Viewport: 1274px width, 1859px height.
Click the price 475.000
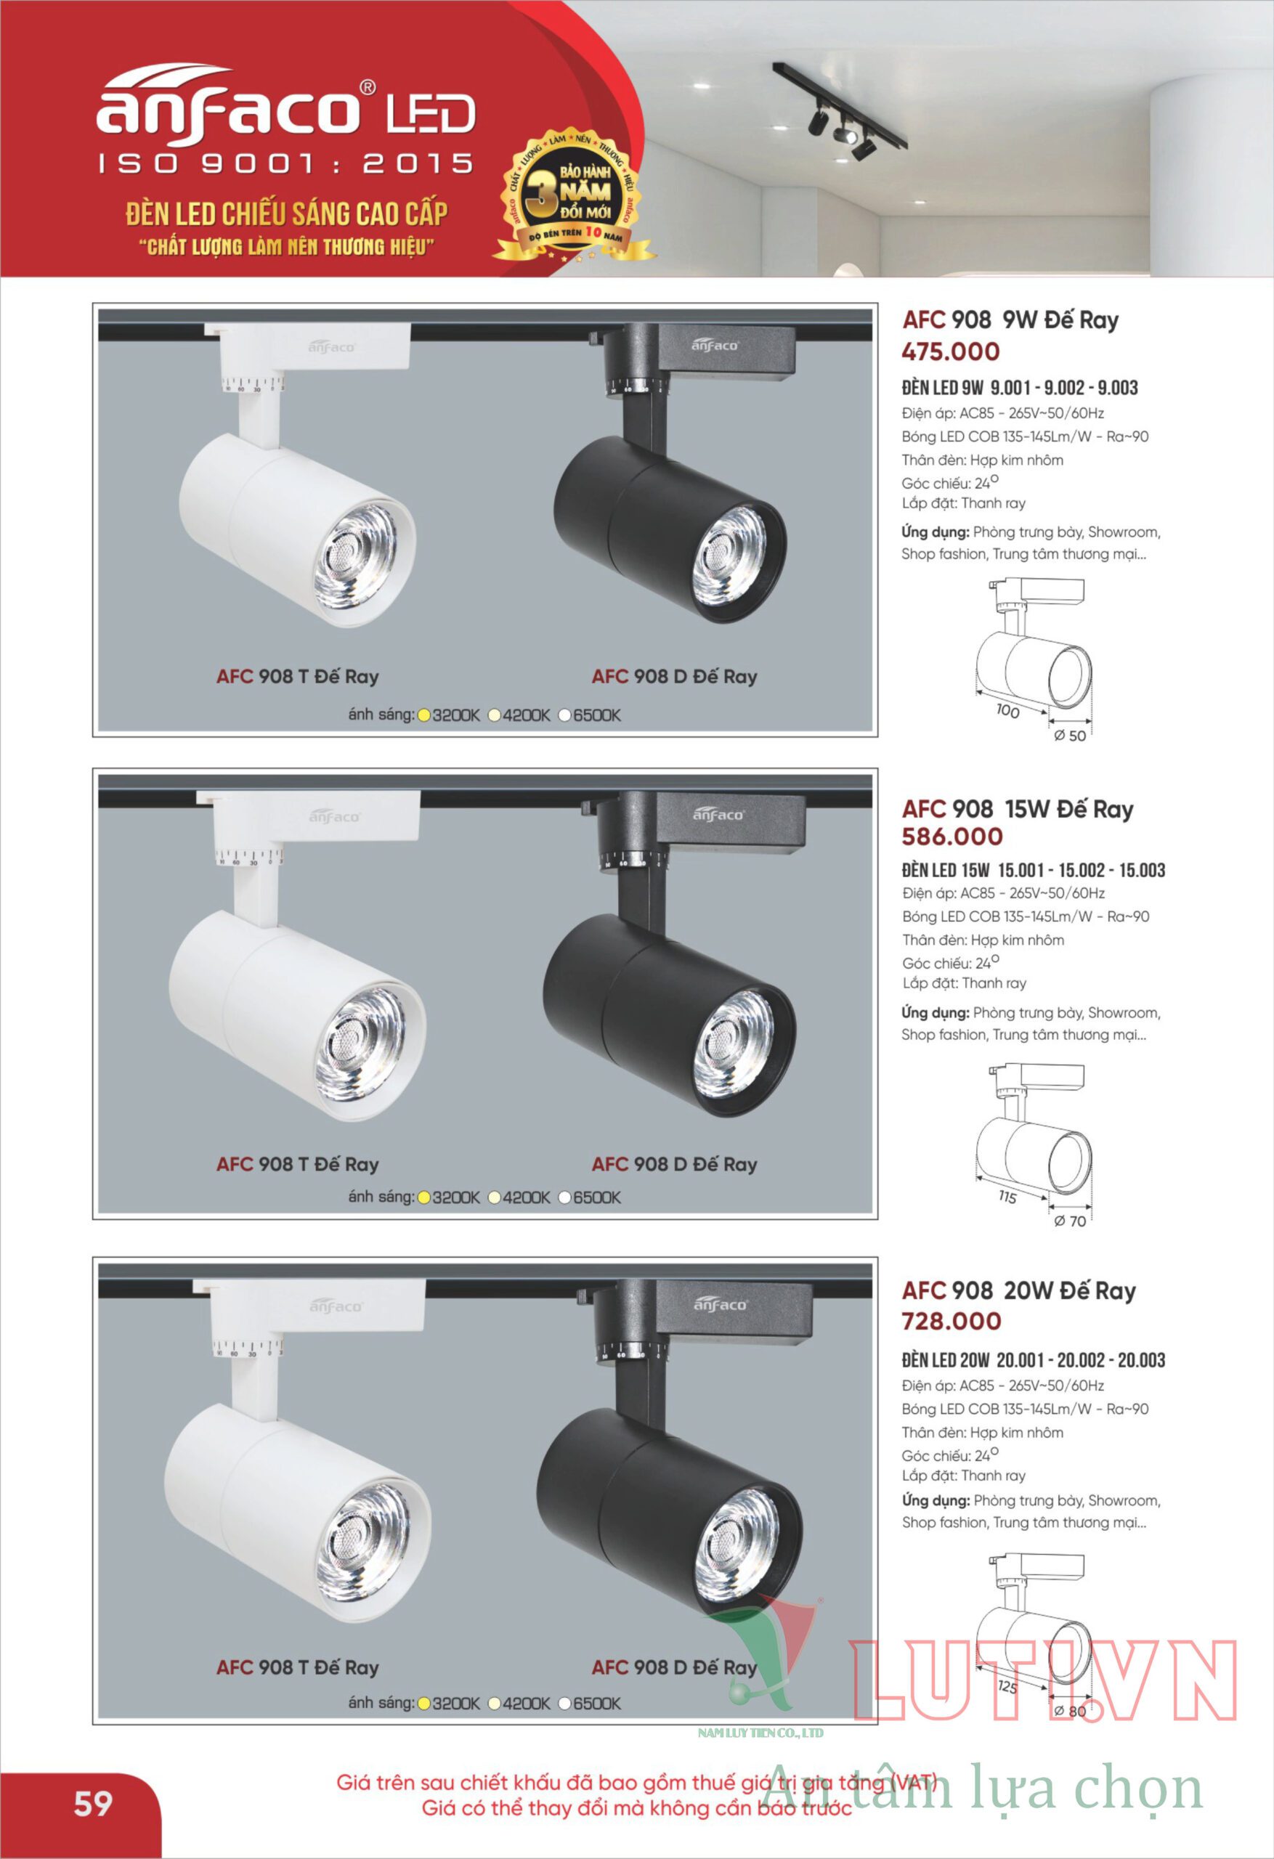[951, 351]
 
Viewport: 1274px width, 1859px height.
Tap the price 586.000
[952, 837]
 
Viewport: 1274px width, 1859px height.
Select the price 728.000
[952, 1322]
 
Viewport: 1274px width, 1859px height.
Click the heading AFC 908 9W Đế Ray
[1010, 320]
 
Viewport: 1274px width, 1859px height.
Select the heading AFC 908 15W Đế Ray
[1018, 809]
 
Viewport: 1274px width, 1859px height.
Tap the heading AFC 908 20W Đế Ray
[1019, 1290]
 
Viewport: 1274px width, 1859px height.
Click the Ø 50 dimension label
[1070, 736]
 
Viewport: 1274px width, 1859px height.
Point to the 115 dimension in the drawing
[1007, 1197]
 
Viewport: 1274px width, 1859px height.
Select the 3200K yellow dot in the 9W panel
[424, 715]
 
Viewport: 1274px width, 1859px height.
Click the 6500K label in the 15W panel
[597, 1197]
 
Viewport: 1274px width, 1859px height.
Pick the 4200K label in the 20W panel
[527, 1703]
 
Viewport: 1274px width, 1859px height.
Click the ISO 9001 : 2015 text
[285, 164]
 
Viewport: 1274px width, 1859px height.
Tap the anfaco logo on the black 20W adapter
[721, 1305]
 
